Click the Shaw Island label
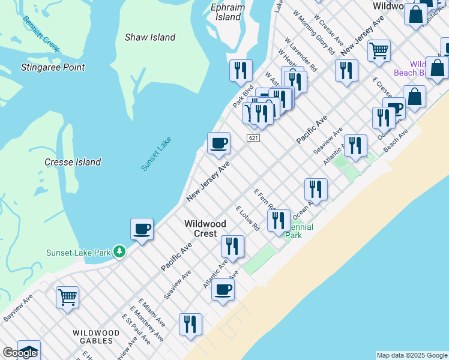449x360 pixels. pos(150,37)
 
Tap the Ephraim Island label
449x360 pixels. pos(228,12)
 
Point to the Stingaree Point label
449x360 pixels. pos(53,67)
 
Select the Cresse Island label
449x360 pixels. pos(73,162)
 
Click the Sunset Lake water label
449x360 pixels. pos(156,154)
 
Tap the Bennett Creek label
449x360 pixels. pos(41,34)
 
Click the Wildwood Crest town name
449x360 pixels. pos(205,229)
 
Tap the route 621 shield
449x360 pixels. pos(253,138)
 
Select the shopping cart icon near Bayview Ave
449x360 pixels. pos(68,296)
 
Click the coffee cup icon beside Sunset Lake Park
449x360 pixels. pos(142,229)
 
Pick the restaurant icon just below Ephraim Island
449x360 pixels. pos(241,70)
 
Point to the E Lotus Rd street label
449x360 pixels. pos(247,219)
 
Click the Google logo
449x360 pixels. pos(19,353)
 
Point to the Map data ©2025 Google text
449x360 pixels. pos(412,355)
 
